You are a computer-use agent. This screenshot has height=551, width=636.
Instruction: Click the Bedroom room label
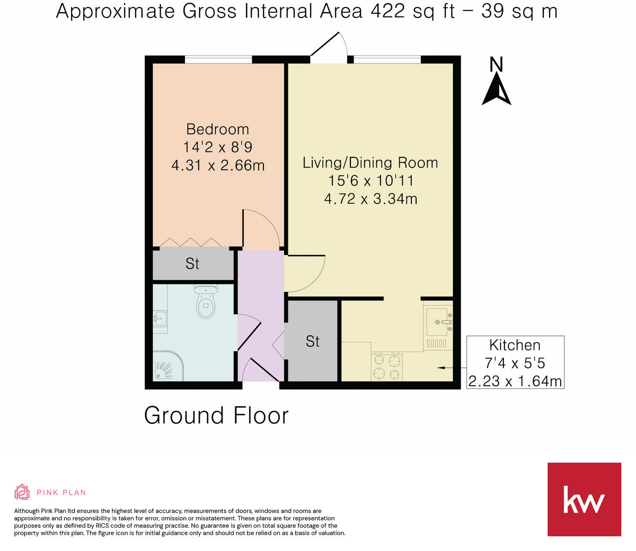point(217,129)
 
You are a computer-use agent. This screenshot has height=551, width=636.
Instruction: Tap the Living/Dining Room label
point(370,163)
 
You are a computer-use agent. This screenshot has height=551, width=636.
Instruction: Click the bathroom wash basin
point(160,319)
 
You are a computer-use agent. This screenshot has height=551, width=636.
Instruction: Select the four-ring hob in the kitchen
point(386,367)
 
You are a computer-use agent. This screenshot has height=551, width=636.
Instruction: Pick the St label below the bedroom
point(192,264)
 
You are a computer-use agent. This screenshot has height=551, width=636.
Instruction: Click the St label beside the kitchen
point(313,342)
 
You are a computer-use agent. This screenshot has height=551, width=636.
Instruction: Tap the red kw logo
point(584,499)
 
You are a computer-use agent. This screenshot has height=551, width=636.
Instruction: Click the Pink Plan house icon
point(22,492)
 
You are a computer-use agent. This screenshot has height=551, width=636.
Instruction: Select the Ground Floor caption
point(216,415)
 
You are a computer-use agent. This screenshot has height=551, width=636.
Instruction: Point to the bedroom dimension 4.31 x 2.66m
point(218,165)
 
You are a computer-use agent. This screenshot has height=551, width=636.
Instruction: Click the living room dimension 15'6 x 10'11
point(370,181)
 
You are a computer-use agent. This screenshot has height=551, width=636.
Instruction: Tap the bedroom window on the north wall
point(218,59)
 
